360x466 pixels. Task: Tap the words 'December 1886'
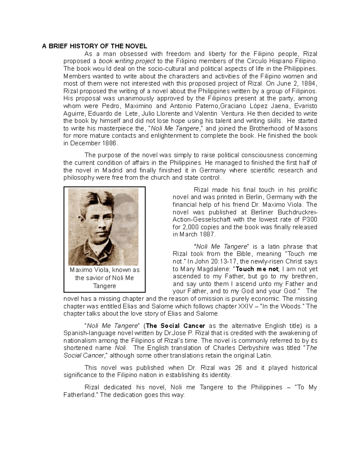(x=93, y=143)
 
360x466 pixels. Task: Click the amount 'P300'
(x=310, y=220)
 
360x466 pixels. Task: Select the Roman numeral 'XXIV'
(x=240, y=306)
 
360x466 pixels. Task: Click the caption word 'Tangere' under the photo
(x=104, y=286)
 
